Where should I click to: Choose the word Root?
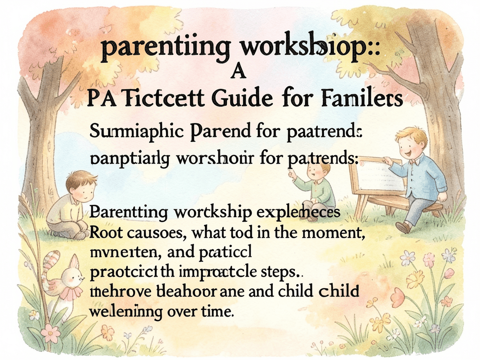(x=107, y=231)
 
